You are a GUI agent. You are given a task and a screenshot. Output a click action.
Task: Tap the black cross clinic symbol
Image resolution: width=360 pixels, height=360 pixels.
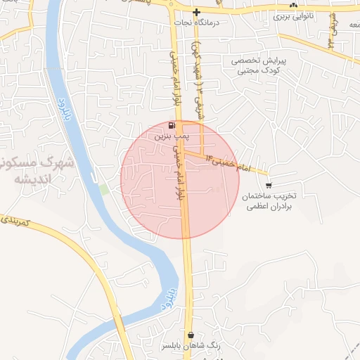(197, 12)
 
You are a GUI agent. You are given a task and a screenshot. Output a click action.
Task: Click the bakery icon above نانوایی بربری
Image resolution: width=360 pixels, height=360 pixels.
(293, 4)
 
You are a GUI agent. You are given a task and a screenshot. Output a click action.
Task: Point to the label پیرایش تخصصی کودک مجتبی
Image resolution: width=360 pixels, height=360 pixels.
(257, 65)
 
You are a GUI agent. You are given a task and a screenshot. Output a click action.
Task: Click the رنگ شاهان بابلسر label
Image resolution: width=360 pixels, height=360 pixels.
(191, 346)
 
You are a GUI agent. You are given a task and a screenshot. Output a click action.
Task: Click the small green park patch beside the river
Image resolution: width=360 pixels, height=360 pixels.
(104, 189)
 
